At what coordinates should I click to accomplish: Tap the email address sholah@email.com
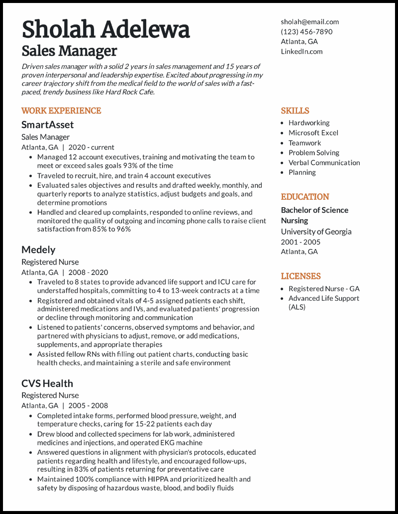(x=309, y=22)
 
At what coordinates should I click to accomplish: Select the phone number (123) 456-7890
(x=306, y=32)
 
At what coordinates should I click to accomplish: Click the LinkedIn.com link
(x=301, y=51)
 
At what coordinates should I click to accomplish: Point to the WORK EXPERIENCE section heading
(x=61, y=111)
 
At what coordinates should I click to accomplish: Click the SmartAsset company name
(x=47, y=125)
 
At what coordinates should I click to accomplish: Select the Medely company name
(x=38, y=250)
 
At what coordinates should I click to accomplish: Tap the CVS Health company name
(x=47, y=384)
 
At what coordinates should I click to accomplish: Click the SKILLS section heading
(x=295, y=111)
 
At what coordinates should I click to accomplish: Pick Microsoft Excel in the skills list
(x=313, y=133)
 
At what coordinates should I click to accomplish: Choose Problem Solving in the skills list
(x=314, y=153)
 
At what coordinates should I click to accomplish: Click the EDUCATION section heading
(x=305, y=197)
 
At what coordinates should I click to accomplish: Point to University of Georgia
(x=316, y=232)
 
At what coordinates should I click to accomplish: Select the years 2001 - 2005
(x=300, y=242)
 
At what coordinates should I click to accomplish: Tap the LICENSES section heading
(x=300, y=276)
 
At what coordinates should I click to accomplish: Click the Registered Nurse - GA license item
(x=324, y=289)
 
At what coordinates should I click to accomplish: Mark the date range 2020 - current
(x=91, y=147)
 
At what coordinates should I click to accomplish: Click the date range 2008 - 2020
(x=88, y=272)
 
